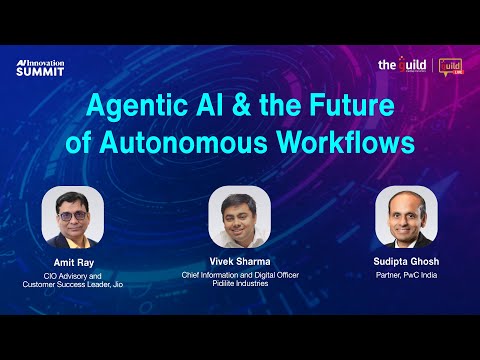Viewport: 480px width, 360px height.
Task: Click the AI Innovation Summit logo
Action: click(x=39, y=68)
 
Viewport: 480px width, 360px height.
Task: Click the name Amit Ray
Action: click(x=73, y=262)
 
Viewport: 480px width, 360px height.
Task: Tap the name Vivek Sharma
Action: click(x=240, y=262)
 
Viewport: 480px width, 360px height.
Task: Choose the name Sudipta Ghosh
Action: click(x=406, y=262)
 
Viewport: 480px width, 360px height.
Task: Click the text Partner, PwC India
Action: click(x=406, y=275)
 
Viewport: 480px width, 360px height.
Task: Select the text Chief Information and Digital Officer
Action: click(x=240, y=275)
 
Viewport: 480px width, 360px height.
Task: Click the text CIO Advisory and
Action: click(x=73, y=275)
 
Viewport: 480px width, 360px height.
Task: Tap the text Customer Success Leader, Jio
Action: click(x=73, y=285)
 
